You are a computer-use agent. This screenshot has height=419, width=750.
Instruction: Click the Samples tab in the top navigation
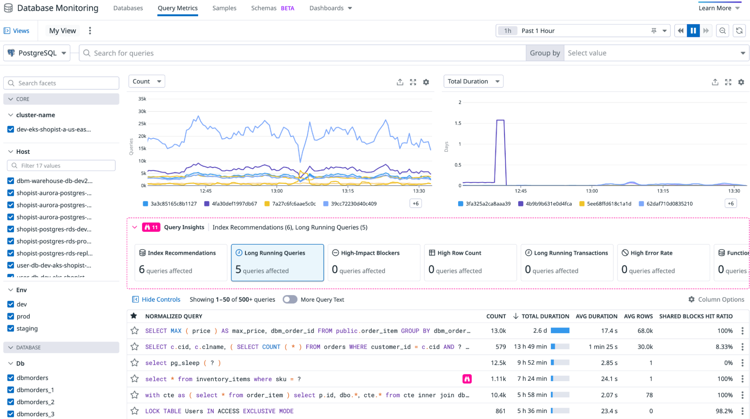(x=224, y=8)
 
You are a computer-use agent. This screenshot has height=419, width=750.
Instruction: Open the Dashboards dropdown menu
(x=330, y=8)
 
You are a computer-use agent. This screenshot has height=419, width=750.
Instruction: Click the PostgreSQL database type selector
(x=37, y=53)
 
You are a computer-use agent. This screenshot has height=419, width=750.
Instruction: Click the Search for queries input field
(x=300, y=53)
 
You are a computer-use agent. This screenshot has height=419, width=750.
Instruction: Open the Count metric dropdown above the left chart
(x=147, y=81)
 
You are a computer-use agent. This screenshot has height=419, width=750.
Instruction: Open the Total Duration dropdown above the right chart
(x=473, y=81)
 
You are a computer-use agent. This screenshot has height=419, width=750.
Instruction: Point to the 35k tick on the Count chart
(x=142, y=99)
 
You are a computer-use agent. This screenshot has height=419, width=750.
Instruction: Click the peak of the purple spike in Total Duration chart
(x=500, y=120)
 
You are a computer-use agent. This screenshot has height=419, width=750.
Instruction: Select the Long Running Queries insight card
(x=277, y=262)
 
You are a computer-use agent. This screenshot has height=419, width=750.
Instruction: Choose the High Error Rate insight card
(x=663, y=262)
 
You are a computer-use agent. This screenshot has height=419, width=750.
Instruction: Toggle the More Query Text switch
(x=290, y=299)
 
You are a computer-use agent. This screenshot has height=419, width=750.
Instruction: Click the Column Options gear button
(x=716, y=299)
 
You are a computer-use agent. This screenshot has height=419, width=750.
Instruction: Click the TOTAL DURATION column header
(x=545, y=316)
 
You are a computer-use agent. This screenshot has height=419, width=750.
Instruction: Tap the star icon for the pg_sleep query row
(x=134, y=363)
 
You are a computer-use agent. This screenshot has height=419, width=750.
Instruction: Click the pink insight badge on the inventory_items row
(x=467, y=379)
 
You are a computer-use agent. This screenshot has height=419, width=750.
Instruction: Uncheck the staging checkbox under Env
(x=11, y=328)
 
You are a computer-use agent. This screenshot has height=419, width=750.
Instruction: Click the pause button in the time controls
(x=693, y=31)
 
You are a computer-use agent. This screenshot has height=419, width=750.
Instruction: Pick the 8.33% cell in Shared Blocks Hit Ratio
(x=724, y=347)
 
